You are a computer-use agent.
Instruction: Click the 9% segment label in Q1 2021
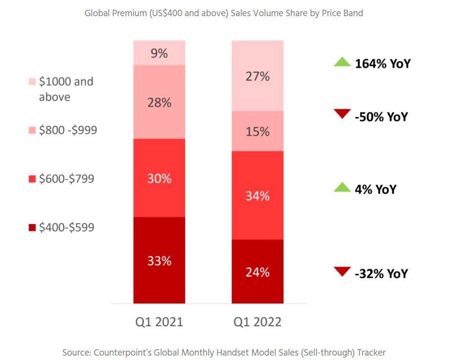pyautogui.click(x=159, y=53)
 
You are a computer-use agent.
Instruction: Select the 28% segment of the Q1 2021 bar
pyautogui.click(x=159, y=102)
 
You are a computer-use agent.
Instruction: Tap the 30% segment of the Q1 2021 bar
pyautogui.click(x=159, y=178)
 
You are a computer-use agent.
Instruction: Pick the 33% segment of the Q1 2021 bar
pyautogui.click(x=159, y=260)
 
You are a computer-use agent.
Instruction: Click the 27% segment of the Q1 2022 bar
pyautogui.click(x=258, y=76)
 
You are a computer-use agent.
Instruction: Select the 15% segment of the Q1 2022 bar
pyautogui.click(x=258, y=131)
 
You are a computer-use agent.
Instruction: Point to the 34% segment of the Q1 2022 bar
pyautogui.click(x=258, y=195)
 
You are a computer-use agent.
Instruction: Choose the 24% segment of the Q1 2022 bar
pyautogui.click(x=258, y=271)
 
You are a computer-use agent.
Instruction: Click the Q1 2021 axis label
pyautogui.click(x=159, y=322)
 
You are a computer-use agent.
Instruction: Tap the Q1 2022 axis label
pyautogui.click(x=258, y=322)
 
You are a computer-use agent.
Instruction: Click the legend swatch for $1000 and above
pyautogui.click(x=32, y=81)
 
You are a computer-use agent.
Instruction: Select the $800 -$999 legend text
pyautogui.click(x=68, y=130)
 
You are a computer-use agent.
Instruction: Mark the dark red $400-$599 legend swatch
pyautogui.click(x=32, y=227)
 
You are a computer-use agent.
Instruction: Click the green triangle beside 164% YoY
pyautogui.click(x=342, y=62)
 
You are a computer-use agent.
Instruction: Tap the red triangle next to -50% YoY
pyautogui.click(x=342, y=114)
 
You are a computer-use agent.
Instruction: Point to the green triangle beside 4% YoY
pyautogui.click(x=342, y=187)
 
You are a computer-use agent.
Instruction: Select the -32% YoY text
pyautogui.click(x=381, y=273)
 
